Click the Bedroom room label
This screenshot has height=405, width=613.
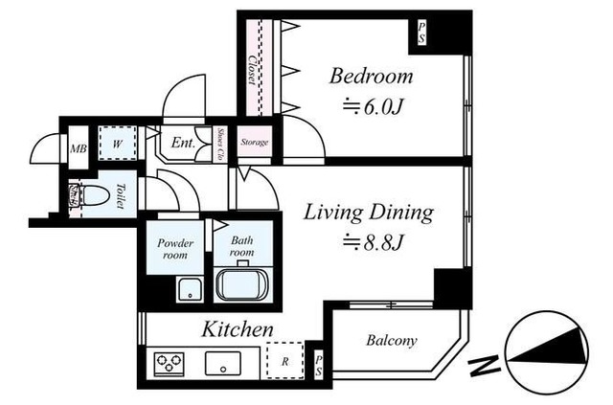(372, 77)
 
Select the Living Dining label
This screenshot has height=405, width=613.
(369, 213)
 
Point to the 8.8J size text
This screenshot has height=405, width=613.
(369, 243)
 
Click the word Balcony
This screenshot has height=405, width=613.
(391, 340)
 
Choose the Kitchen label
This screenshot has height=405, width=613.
(238, 329)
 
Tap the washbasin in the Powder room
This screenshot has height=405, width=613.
(187, 287)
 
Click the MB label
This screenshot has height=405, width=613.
(78, 147)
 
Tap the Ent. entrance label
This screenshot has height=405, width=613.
(182, 145)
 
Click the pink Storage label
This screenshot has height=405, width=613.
(254, 144)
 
